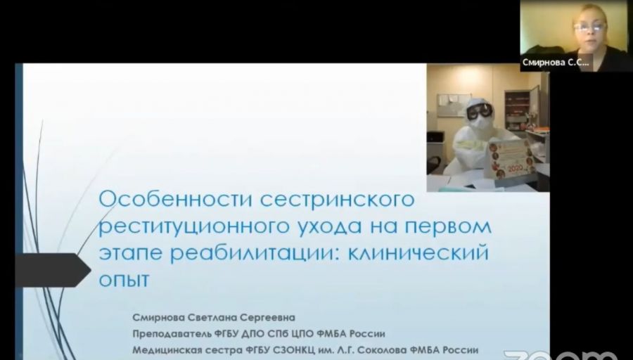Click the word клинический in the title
pyautogui.click(x=418, y=252)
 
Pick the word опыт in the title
pyautogui.click(x=124, y=280)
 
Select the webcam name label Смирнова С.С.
pyautogui.click(x=556, y=63)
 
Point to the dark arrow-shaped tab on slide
pyautogui.click(x=53, y=270)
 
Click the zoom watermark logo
pyautogui.click(x=561, y=355)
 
